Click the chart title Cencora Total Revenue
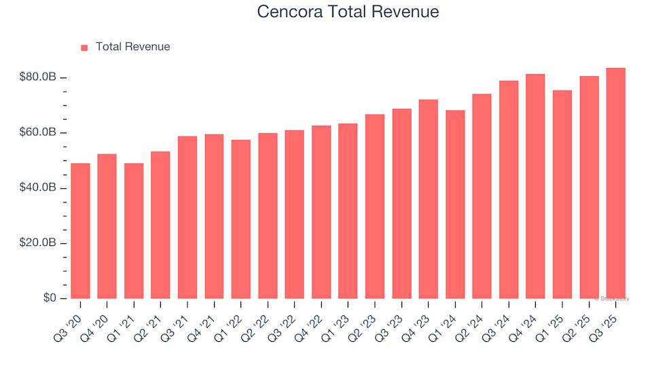point(348,12)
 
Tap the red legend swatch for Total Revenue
point(84,48)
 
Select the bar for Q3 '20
point(80,231)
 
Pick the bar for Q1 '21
point(134,231)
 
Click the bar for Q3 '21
point(187,217)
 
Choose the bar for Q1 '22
point(241,220)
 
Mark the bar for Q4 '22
point(321,212)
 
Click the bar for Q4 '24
point(535,186)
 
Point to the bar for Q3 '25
point(616,183)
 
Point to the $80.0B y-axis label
point(38,77)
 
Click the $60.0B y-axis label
point(38,133)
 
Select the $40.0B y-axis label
point(38,188)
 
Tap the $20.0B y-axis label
point(38,243)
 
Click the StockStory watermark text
point(612,298)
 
